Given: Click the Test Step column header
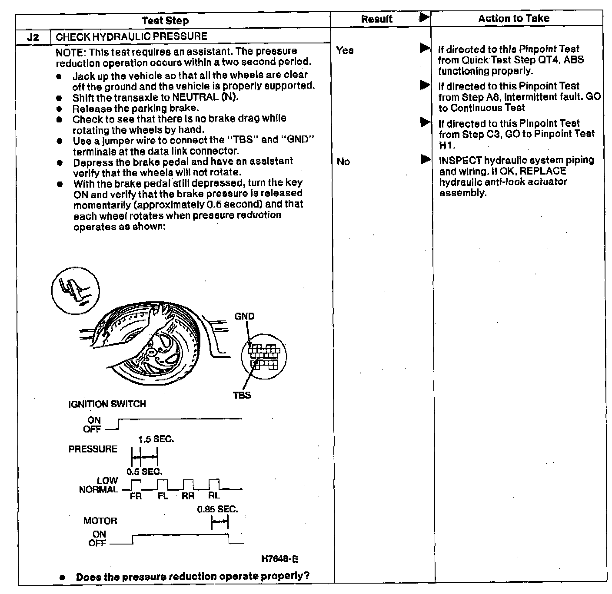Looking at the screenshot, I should coord(165,20).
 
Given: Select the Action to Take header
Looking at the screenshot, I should coord(513,18).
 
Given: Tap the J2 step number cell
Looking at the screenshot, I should coord(33,37).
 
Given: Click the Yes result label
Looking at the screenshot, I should coord(345,50).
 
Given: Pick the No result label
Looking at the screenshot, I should coord(343,162).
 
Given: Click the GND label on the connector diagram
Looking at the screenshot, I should coord(244,316).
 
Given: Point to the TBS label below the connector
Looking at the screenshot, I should coord(242,395).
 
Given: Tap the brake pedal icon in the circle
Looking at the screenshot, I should coord(75,290).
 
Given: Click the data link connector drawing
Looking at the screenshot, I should coord(263,357).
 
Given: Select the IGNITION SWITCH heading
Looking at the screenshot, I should coord(107,404).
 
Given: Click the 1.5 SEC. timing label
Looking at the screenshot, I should coord(156,439).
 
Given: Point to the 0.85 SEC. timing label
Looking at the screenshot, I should coord(217,509).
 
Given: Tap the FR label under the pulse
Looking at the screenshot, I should coord(136,496).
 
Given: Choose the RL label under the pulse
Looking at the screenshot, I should coord(214,495).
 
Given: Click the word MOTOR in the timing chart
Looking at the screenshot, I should coord(100,521).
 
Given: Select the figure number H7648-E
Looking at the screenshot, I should coord(279,559).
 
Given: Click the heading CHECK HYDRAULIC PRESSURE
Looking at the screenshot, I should coord(131,36).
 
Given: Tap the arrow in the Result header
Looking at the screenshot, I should coord(424,17).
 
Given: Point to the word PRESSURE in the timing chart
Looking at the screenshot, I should coord(93,449).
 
